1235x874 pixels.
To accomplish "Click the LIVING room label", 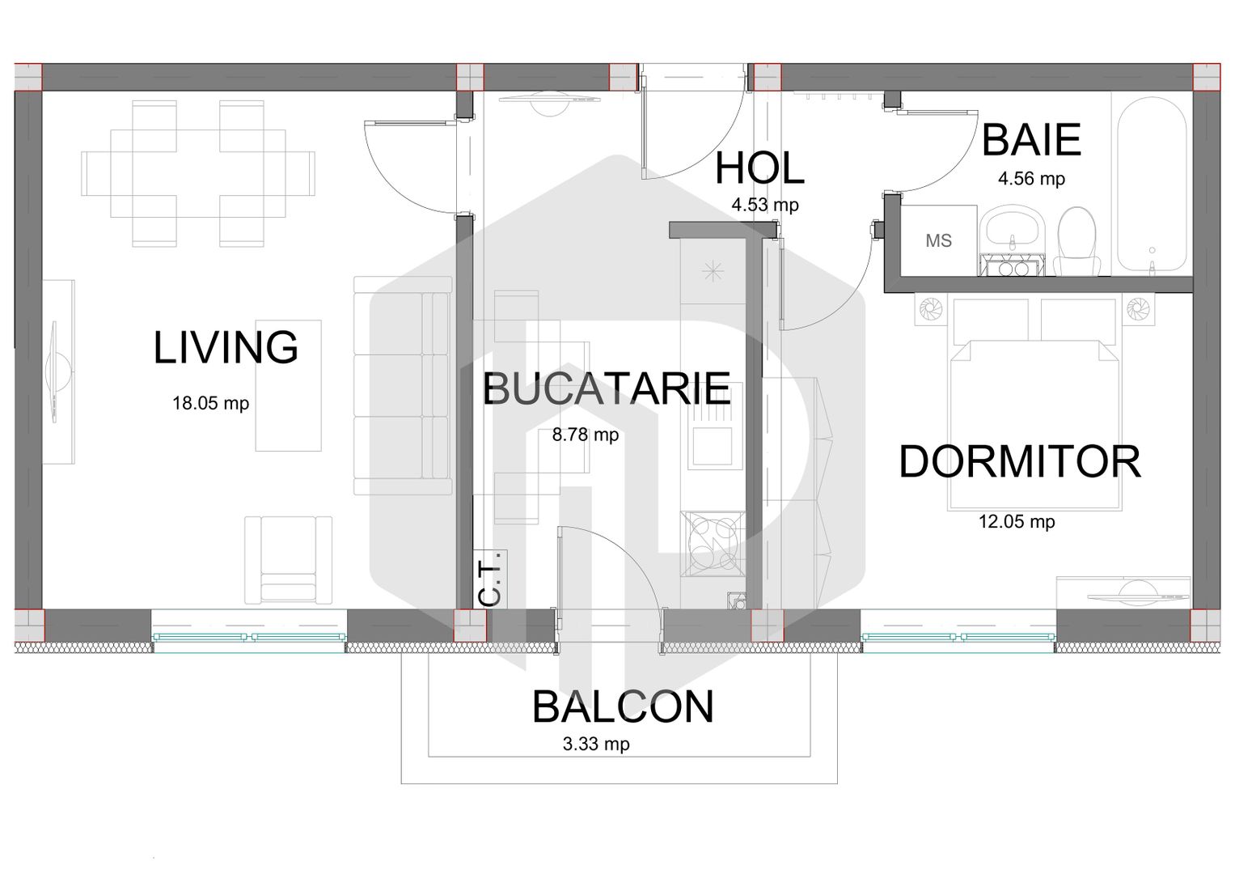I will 226,348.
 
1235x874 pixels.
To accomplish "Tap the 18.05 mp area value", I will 210,403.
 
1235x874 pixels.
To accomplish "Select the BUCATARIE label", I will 607,389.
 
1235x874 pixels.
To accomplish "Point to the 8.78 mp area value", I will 586,435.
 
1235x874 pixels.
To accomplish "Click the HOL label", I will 759,168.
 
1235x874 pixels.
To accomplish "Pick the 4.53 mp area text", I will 765,205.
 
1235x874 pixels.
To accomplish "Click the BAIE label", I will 1031,140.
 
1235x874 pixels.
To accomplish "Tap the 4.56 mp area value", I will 1031,179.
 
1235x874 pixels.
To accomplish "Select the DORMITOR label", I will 1020,462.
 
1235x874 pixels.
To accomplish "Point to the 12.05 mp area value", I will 1017,522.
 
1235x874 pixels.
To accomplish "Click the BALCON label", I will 623,707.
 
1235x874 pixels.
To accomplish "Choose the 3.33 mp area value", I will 596,744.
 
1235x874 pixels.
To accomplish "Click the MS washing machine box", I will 938,240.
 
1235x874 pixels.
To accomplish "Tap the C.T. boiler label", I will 490,580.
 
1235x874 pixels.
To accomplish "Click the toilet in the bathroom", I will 1076,241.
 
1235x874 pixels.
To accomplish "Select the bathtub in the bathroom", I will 1152,185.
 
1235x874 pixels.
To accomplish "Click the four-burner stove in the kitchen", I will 713,543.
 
